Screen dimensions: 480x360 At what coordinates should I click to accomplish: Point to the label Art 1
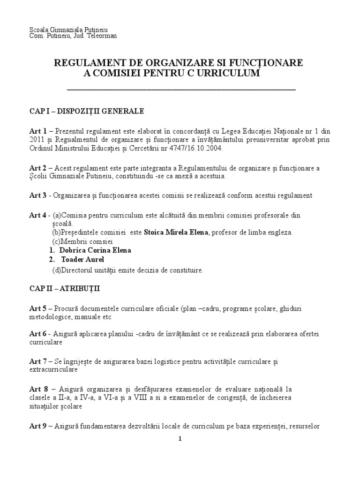click(38, 131)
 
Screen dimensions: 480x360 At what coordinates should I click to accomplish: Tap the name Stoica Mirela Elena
click(176, 232)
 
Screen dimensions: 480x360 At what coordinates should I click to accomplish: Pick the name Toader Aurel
click(82, 259)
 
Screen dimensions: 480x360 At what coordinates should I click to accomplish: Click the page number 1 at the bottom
click(180, 439)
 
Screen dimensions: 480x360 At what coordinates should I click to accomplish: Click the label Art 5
click(38, 308)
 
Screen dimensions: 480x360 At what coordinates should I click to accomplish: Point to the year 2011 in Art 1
click(37, 140)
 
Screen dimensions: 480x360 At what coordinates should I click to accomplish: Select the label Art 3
click(38, 195)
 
